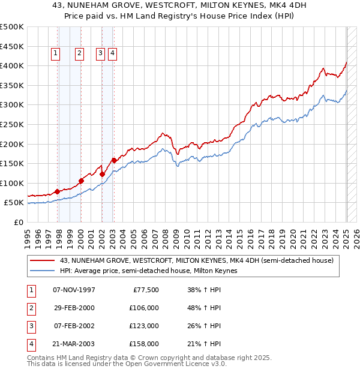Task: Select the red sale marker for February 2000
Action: tap(80, 181)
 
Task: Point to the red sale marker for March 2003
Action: tap(113, 160)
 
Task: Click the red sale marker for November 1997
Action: tap(57, 191)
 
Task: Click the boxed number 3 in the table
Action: tap(31, 326)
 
